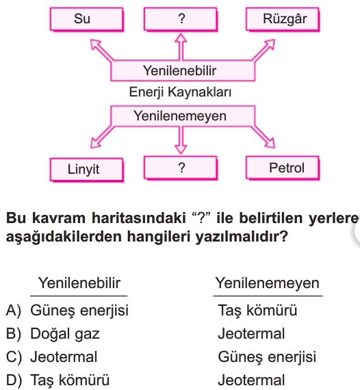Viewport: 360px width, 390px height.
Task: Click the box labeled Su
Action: (87, 19)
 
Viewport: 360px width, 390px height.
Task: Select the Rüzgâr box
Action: (283, 19)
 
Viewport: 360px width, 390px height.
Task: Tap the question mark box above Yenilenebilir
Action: (181, 19)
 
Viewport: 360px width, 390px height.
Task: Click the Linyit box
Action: (87, 170)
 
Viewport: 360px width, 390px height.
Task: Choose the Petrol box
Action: (283, 168)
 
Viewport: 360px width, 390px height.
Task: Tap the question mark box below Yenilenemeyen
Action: (181, 168)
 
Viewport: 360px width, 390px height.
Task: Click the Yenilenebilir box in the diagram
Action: (183, 70)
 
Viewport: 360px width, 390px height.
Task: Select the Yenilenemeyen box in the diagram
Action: (183, 116)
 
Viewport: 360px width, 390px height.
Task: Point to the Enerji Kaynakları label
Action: (180, 92)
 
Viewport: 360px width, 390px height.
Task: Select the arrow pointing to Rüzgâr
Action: (263, 49)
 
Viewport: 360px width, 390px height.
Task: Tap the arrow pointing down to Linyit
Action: (101, 138)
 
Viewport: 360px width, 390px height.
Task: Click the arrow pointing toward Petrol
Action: (263, 138)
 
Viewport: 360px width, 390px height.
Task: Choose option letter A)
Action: (14, 311)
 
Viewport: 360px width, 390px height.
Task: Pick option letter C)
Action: (14, 357)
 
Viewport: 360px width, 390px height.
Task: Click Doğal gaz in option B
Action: (65, 334)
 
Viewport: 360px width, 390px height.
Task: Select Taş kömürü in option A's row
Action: (257, 311)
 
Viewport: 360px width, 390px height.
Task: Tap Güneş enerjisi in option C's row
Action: (267, 357)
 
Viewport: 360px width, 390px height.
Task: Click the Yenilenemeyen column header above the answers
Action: (268, 283)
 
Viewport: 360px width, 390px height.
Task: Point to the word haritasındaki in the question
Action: (139, 218)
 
